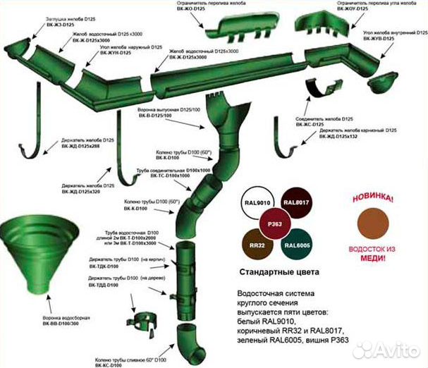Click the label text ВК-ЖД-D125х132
[346, 137]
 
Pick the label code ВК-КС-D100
[109, 365]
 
